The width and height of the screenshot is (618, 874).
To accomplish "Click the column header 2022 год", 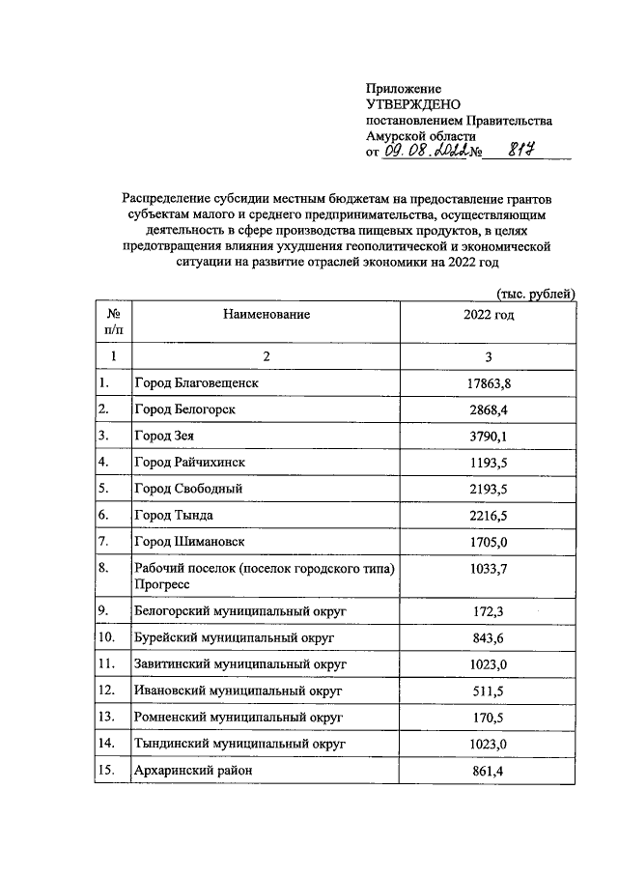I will pos(489,315).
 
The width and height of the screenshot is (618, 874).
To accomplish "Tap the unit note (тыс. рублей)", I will pos(536,294).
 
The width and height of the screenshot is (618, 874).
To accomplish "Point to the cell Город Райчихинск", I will pos(192,463).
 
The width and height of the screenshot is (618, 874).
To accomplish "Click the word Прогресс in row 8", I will pos(162,584).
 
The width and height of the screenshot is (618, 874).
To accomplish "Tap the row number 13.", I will pos(108,718).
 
